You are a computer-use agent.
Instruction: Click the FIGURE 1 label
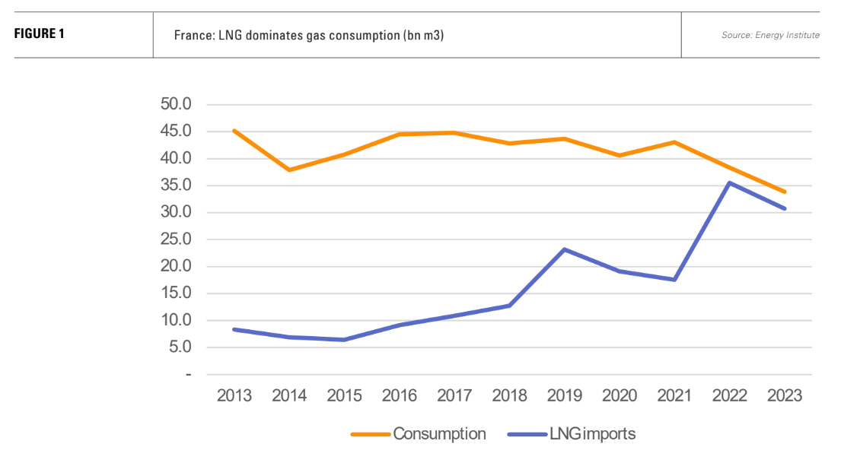[40, 34]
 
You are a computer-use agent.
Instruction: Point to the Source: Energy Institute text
[770, 35]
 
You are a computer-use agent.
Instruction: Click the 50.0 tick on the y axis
[176, 105]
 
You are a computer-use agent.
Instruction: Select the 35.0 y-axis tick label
[176, 186]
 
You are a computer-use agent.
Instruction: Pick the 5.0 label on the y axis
[180, 347]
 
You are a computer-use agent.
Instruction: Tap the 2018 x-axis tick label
[509, 396]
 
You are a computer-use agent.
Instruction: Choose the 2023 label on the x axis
[785, 396]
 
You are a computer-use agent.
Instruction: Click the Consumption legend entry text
[439, 434]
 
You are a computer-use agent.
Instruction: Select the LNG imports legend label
[591, 434]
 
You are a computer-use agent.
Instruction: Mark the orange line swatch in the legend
[370, 435]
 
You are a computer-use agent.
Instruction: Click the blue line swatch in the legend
[526, 435]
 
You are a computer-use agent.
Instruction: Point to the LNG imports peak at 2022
[729, 182]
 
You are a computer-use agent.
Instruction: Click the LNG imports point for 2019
[564, 249]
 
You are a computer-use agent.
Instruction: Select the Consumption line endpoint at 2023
[785, 192]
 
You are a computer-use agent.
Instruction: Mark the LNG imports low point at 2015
[344, 340]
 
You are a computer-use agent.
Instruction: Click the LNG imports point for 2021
[674, 280]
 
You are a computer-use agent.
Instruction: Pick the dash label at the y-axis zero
[187, 375]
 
